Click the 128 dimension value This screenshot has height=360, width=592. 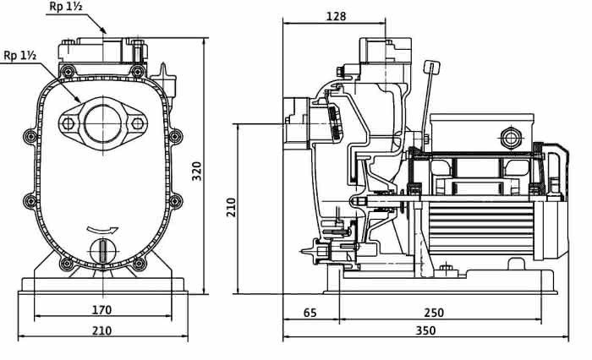coord(336,16)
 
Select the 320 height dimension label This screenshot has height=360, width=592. coord(197,171)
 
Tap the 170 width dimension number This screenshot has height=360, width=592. coord(102,310)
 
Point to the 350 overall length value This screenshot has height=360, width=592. coord(425,330)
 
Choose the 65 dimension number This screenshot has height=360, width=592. coord(310,313)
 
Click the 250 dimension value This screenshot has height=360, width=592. coord(434,313)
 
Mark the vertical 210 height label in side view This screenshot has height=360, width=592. coord(231,207)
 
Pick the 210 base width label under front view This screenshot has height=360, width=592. coord(102,330)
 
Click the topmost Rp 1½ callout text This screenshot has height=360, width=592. coord(66,7)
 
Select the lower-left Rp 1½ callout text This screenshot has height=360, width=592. coord(20,56)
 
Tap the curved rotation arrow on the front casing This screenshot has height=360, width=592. coord(102,229)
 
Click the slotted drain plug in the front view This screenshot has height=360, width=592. coord(102,251)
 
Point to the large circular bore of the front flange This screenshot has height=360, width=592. coord(102,123)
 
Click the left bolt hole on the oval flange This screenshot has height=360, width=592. coord(68,123)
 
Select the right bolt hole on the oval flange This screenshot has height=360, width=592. coord(137,123)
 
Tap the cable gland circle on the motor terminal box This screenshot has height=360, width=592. coord(511,139)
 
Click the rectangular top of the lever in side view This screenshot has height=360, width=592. coord(431,68)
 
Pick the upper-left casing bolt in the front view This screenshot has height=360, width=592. coord(68,71)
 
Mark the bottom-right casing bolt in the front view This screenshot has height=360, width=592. coord(139,264)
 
